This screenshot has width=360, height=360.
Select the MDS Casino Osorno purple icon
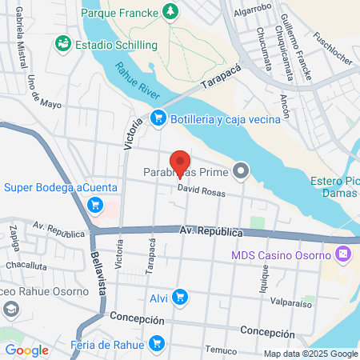[342, 254]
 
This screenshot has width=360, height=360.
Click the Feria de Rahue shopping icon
[158, 345]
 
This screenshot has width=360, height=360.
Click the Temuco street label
[221, 350]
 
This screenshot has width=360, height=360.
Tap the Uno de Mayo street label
[33, 93]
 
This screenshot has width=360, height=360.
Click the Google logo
[26, 350]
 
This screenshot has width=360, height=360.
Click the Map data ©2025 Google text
[311, 354]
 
